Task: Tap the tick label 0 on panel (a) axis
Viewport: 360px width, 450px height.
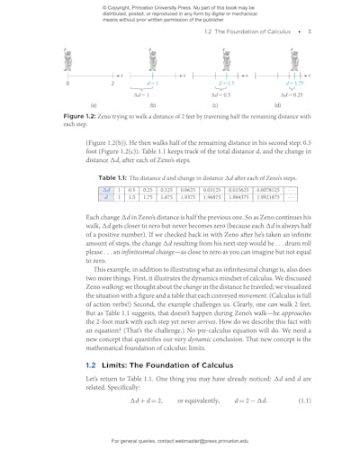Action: (x=68, y=84)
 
